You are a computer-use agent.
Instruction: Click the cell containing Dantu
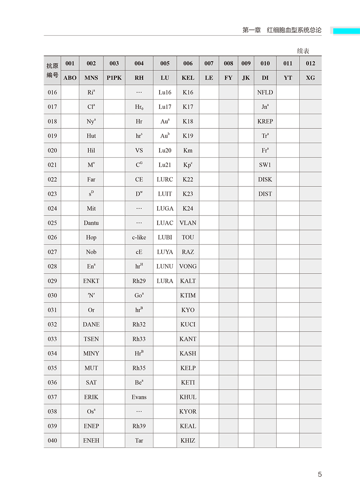click(91, 223)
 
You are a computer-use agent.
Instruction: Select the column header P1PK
click(114, 78)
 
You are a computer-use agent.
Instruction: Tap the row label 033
click(52, 339)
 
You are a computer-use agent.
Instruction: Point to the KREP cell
click(265, 121)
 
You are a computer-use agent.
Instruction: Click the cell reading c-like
click(139, 237)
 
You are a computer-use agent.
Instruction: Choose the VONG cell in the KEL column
click(188, 266)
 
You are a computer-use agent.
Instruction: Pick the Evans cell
click(139, 397)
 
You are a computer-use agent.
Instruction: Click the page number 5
click(320, 474)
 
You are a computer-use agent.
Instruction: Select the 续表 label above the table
click(303, 51)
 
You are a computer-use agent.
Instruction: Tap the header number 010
click(265, 63)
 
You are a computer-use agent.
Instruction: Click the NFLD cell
click(265, 92)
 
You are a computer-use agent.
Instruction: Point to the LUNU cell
click(165, 266)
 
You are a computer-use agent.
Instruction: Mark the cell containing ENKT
click(91, 281)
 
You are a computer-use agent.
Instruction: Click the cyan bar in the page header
click(346, 31)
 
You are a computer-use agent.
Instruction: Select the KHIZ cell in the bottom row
click(188, 440)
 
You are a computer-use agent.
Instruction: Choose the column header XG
click(310, 78)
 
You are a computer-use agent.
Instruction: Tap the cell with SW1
click(265, 165)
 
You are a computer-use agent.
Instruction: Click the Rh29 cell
click(139, 281)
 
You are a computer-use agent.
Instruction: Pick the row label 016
click(52, 92)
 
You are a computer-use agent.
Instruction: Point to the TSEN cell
click(91, 339)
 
